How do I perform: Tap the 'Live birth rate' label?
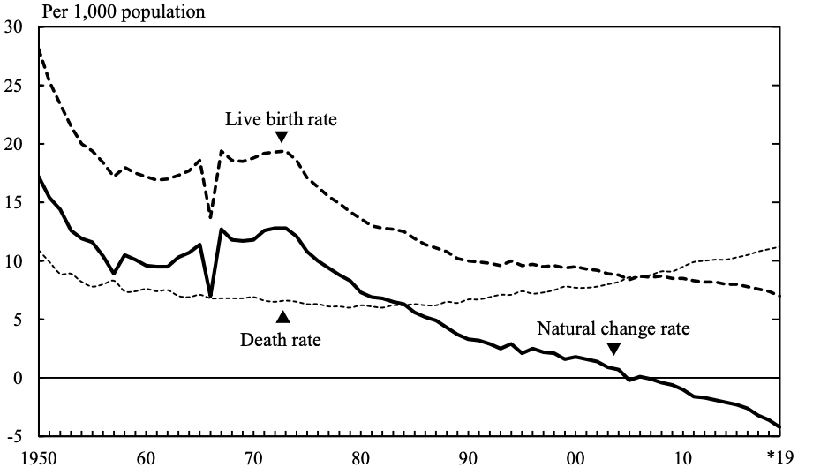click(x=282, y=118)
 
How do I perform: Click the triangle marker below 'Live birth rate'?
click(x=282, y=137)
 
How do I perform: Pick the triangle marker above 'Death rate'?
click(x=282, y=317)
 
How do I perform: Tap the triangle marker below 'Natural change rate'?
click(x=614, y=349)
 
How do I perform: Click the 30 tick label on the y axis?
click(x=14, y=26)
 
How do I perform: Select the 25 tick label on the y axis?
click(x=14, y=86)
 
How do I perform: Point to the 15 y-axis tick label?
click(x=14, y=202)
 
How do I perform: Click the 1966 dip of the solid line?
click(x=210, y=295)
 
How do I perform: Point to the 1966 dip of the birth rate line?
click(x=210, y=217)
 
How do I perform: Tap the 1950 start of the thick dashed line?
click(x=40, y=49)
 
